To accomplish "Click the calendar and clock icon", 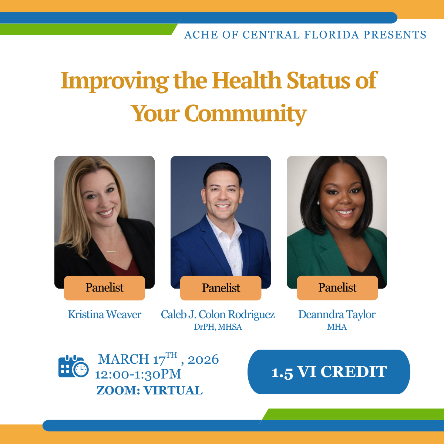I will [x=73, y=366].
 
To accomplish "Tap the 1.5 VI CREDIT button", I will [x=329, y=372].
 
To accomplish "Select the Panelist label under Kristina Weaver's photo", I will [x=104, y=288].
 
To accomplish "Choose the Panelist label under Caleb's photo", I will [x=221, y=288].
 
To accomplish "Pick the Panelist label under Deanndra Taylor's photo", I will [x=337, y=288].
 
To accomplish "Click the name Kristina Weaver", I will [x=104, y=314].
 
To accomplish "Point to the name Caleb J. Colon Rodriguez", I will [x=218, y=314].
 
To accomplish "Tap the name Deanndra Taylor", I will [x=337, y=314].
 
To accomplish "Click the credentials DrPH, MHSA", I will [x=218, y=327].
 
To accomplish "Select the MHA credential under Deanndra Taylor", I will [x=337, y=327].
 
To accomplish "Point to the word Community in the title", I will [x=245, y=113].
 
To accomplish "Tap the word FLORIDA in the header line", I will [x=332, y=35].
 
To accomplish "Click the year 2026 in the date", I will [x=203, y=359].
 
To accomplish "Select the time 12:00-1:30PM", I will [x=138, y=374].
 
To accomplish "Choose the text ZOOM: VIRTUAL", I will [x=149, y=390].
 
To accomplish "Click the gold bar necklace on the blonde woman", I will [x=111, y=252].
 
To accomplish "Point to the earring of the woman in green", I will [x=318, y=203].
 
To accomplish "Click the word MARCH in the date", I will [x=124, y=359].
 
